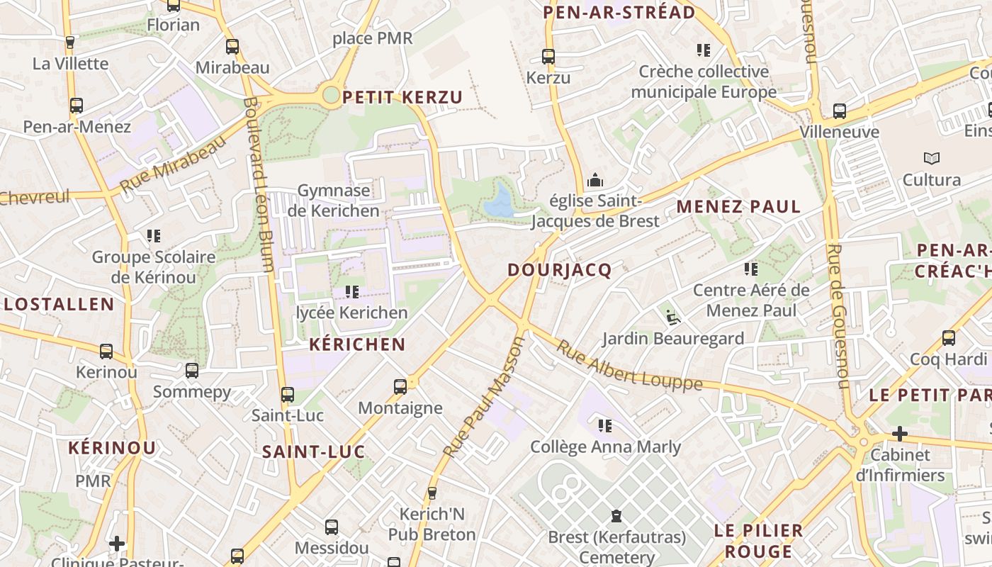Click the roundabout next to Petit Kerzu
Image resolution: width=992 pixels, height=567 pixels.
click(331, 96)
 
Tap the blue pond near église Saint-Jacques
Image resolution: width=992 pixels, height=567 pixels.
click(500, 201)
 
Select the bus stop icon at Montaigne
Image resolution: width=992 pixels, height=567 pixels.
click(400, 386)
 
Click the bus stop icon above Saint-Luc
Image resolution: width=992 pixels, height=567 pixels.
click(287, 395)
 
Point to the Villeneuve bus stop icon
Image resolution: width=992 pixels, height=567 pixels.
click(840, 111)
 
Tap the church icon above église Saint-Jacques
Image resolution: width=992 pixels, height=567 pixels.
click(595, 180)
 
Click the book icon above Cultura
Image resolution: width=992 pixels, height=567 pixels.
click(931, 159)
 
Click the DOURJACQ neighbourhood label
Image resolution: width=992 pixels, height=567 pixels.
click(560, 270)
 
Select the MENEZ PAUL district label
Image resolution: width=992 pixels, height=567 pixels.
click(738, 207)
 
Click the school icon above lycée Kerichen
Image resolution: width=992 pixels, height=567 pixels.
click(351, 291)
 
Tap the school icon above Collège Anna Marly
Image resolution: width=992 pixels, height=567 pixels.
click(605, 426)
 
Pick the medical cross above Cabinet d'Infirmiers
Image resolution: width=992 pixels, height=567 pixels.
click(900, 433)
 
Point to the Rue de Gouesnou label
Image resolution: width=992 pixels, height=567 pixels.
click(838, 316)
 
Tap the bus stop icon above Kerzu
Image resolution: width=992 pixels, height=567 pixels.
click(548, 56)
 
